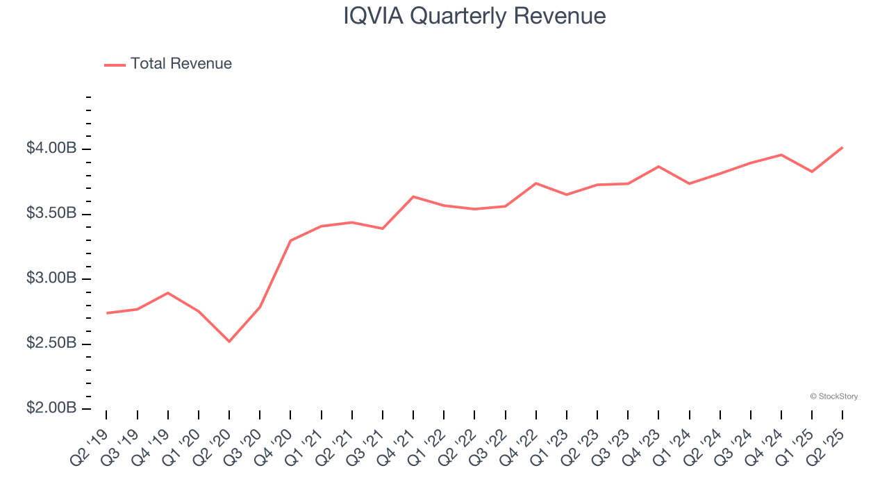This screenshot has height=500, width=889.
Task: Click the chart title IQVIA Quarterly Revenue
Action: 474,16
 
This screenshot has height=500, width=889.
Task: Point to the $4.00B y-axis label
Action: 51,149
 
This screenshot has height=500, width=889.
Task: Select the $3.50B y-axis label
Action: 51,213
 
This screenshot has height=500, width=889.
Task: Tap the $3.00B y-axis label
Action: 51,278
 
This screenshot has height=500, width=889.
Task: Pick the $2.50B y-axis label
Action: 51,343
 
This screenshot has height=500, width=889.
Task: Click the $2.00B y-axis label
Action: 51,408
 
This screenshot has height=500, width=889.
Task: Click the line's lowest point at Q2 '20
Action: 229,341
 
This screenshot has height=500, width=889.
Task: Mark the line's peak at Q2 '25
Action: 842,147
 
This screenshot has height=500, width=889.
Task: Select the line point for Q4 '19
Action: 168,293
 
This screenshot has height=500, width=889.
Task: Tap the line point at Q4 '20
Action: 290,240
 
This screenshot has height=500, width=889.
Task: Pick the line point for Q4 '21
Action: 413,197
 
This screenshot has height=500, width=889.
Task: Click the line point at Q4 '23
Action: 658,167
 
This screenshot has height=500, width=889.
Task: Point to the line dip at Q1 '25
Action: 812,172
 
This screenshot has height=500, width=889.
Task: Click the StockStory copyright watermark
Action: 834,397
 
